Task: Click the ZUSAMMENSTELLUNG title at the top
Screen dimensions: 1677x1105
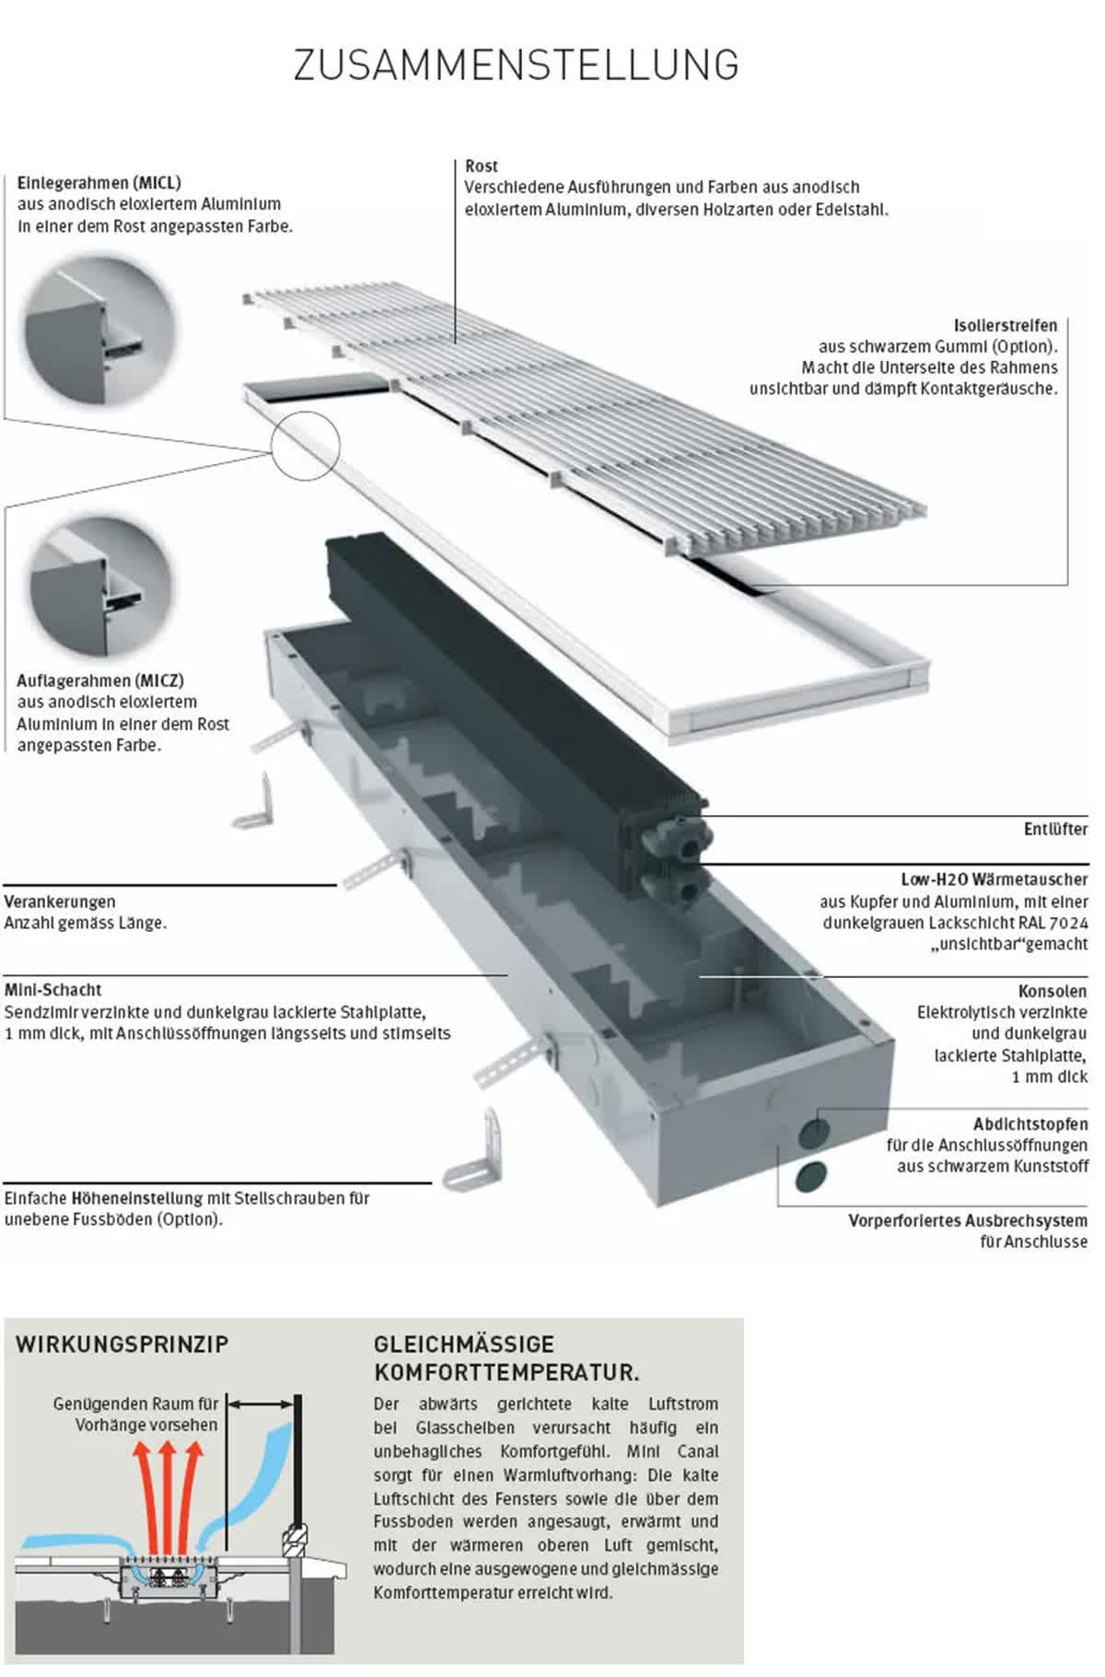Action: [516, 65]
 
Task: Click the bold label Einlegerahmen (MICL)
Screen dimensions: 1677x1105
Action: [99, 182]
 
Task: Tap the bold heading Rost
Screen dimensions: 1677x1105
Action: [482, 167]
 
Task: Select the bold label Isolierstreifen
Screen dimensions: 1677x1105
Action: [1006, 326]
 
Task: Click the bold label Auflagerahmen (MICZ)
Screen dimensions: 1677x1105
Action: [100, 681]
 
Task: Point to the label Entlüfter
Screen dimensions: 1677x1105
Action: [1055, 829]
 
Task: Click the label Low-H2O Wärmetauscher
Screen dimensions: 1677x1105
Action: [994, 879]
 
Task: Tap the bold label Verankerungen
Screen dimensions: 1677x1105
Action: [60, 902]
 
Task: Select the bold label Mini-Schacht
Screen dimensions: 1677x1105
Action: [53, 990]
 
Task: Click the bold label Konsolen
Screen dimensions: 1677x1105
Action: [1053, 992]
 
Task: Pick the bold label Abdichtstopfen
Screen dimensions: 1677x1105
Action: [1030, 1124]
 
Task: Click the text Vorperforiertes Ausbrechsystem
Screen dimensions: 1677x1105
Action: [968, 1221]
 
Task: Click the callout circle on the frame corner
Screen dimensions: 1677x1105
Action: [306, 446]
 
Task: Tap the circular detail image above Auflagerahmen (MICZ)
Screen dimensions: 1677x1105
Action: [100, 587]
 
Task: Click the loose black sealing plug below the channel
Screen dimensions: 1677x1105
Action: [811, 1174]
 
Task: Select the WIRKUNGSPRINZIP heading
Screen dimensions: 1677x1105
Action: [122, 1344]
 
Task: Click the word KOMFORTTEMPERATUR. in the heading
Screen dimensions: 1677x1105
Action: [506, 1373]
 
